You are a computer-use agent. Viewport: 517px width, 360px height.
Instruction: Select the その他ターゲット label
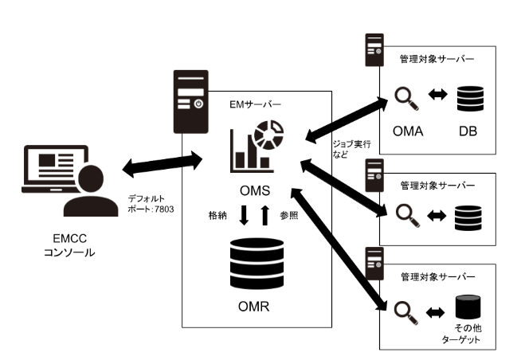tap(468, 334)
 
